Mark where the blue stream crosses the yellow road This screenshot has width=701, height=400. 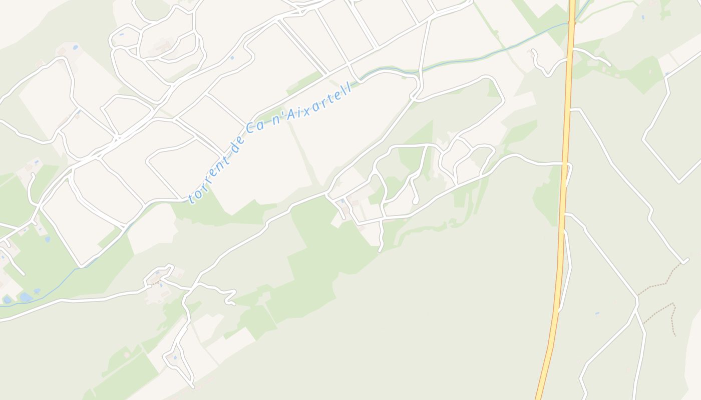pyautogui.click(x=571, y=22)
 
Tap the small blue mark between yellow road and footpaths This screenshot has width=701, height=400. pyautogui.click(x=597, y=313)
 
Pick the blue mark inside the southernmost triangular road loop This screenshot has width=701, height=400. pyautogui.click(x=174, y=357)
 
